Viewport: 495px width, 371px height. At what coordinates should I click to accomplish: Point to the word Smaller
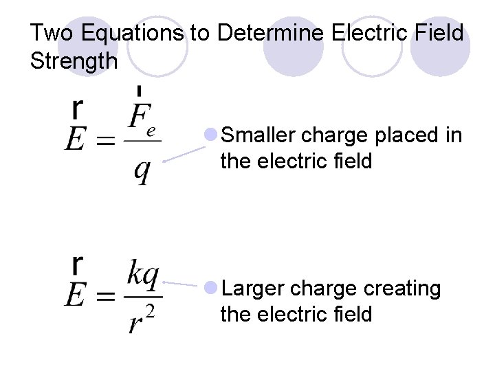(x=262, y=135)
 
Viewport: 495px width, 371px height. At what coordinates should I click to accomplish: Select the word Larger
(x=255, y=289)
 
